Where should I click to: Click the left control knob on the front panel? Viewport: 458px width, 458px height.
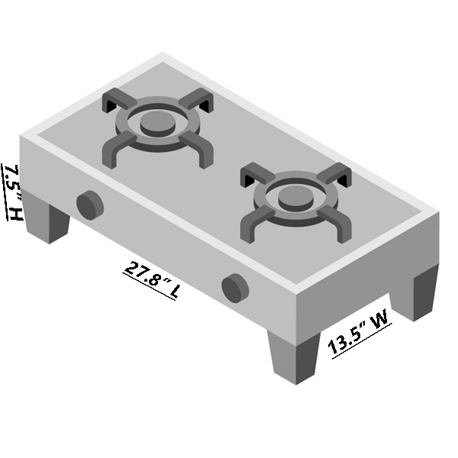tap(89, 205)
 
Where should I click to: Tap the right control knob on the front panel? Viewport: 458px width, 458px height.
tap(235, 288)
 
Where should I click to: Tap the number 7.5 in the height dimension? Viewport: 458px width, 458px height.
tap(11, 179)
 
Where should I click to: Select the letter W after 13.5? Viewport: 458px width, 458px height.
tap(380, 314)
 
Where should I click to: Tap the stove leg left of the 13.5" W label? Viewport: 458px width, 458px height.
tap(295, 357)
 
